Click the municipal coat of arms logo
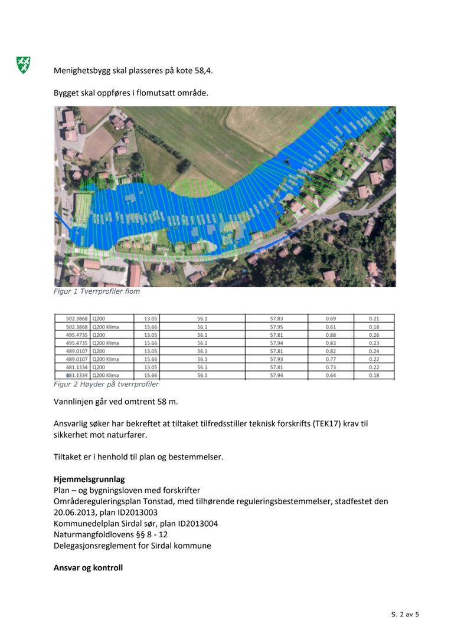23,65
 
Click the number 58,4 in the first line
202,70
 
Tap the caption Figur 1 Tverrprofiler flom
97,291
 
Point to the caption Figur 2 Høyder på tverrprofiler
106,384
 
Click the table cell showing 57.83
277,318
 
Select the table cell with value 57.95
277,327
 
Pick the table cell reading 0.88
331,335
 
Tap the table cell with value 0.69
331,318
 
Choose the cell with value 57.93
277,359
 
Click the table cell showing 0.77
331,359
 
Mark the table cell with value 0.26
374,335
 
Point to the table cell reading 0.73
331,367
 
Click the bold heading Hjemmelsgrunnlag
89,480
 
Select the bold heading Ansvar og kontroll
88,568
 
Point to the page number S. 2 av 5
405,615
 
